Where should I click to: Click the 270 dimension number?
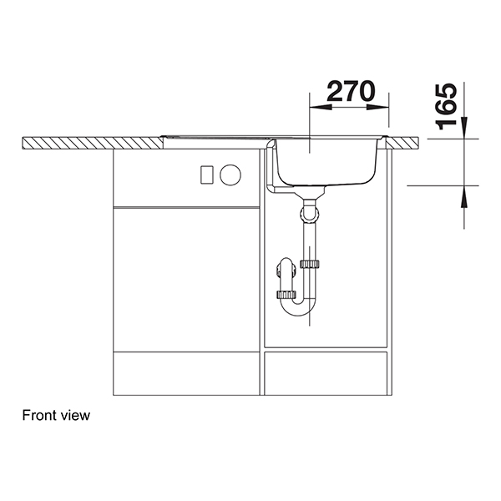pos(349,93)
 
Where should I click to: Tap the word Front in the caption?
pos(38,415)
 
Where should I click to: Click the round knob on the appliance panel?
pos(230,175)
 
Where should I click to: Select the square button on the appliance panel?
pos(206,175)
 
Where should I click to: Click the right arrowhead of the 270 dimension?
pos(385,108)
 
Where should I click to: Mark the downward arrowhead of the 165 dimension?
pos(464,132)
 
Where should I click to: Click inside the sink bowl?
pos(326,163)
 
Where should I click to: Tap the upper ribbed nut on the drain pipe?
pos(311,265)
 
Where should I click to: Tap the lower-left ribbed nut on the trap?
pos(286,294)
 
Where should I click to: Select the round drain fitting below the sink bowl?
pos(310,214)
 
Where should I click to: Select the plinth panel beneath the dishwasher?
pos(186,372)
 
